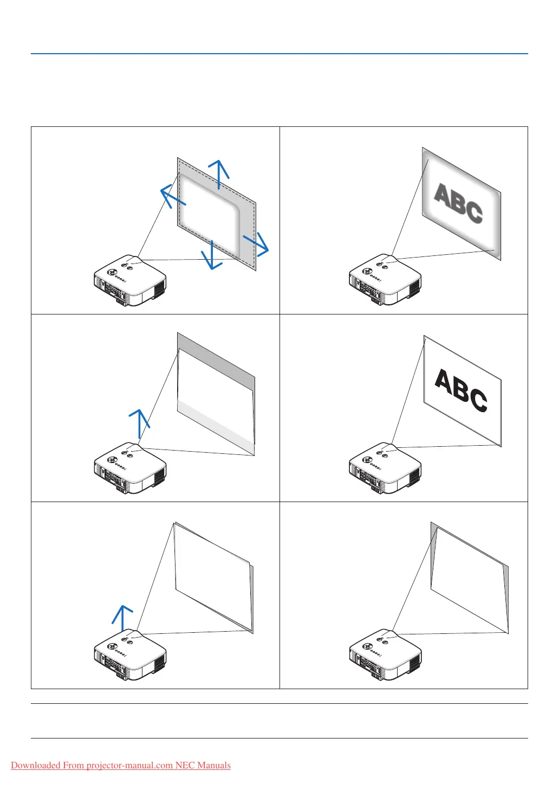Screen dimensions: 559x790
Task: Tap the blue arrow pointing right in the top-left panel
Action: pyautogui.click(x=256, y=243)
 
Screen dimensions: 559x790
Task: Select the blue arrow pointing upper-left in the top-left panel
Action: pyautogui.click(x=173, y=197)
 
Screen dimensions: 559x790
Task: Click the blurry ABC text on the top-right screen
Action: pyautogui.click(x=459, y=203)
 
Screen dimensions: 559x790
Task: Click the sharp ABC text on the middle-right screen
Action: pyautogui.click(x=461, y=390)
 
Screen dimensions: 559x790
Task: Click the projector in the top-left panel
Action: pyautogui.click(x=130, y=281)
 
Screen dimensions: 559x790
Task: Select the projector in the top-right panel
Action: pyautogui.click(x=385, y=281)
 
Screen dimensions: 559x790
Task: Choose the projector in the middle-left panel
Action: pyautogui.click(x=130, y=468)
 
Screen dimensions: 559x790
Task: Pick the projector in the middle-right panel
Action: pyautogui.click(x=385, y=468)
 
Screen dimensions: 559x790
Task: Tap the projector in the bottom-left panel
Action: pyautogui.click(x=130, y=656)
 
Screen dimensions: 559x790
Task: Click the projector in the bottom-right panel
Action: pyautogui.click(x=385, y=656)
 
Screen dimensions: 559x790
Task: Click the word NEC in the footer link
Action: pyautogui.click(x=185, y=766)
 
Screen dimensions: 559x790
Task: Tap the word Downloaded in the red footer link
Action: pyautogui.click(x=35, y=766)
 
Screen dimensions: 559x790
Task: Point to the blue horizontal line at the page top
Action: pyautogui.click(x=279, y=54)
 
